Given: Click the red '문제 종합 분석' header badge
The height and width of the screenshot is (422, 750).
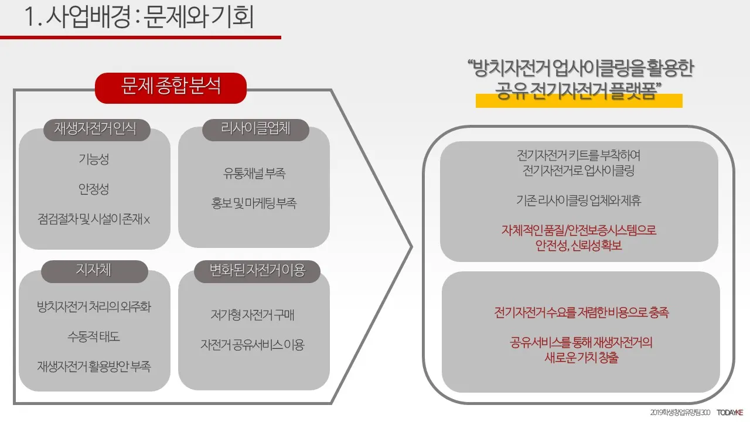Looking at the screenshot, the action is click(x=171, y=87).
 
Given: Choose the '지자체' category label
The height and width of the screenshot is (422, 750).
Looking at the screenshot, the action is click(x=94, y=270).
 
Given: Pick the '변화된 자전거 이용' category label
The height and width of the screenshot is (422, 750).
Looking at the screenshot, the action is click(x=258, y=271).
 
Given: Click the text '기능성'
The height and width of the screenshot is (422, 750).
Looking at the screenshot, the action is click(x=94, y=159).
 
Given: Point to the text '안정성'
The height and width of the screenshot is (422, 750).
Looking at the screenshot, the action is click(x=94, y=189).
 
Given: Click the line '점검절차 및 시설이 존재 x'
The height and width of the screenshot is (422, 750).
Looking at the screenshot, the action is click(x=94, y=219).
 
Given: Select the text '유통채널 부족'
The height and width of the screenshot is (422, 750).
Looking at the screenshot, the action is click(x=254, y=173).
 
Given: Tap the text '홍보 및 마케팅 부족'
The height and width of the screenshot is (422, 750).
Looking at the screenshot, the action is click(x=254, y=203).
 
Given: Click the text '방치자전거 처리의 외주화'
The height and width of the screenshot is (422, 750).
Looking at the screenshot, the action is click(x=94, y=307).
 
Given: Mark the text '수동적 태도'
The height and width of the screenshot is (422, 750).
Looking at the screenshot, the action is click(x=94, y=337).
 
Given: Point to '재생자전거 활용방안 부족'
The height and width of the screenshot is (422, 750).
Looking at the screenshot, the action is click(x=94, y=367).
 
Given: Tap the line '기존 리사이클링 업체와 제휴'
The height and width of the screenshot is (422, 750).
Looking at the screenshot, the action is click(x=579, y=200).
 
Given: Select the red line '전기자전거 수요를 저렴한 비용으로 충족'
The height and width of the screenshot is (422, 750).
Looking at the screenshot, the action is click(x=581, y=312).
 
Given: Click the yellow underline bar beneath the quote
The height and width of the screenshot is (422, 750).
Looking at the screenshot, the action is click(x=579, y=101).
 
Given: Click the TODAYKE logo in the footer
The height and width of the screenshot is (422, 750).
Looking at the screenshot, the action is click(x=730, y=413).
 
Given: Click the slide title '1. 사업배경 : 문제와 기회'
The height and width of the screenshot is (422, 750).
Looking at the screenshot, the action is click(x=139, y=17).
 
